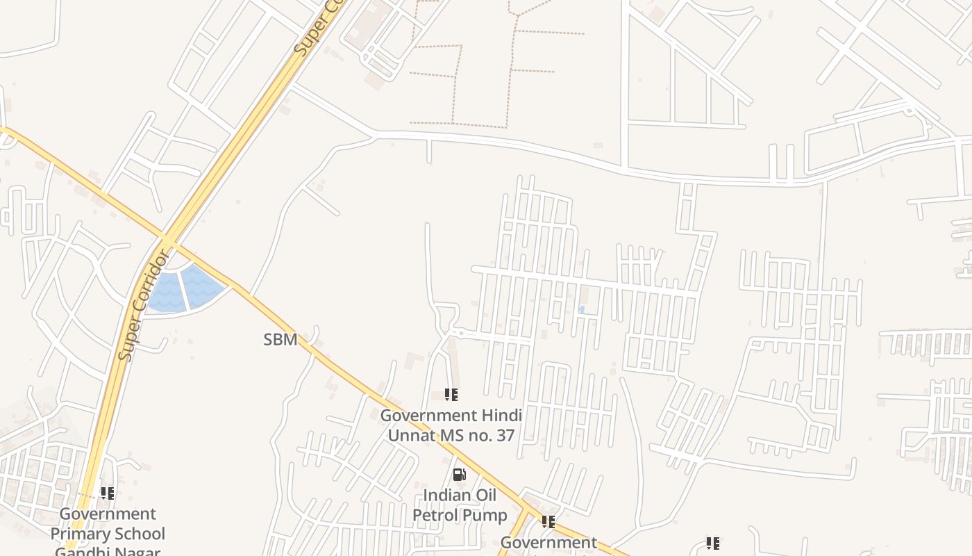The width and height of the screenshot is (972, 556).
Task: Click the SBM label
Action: (x=280, y=340)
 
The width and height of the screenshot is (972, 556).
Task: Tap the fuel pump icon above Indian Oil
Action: (x=459, y=475)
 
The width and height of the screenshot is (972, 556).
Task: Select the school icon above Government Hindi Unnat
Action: (x=451, y=395)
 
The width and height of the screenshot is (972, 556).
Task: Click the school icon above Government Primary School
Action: (x=108, y=493)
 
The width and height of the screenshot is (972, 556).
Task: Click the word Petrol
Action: (x=435, y=516)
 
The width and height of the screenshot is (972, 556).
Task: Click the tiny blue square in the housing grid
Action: (x=582, y=309)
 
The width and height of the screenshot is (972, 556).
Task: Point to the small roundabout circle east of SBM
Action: (x=460, y=333)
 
